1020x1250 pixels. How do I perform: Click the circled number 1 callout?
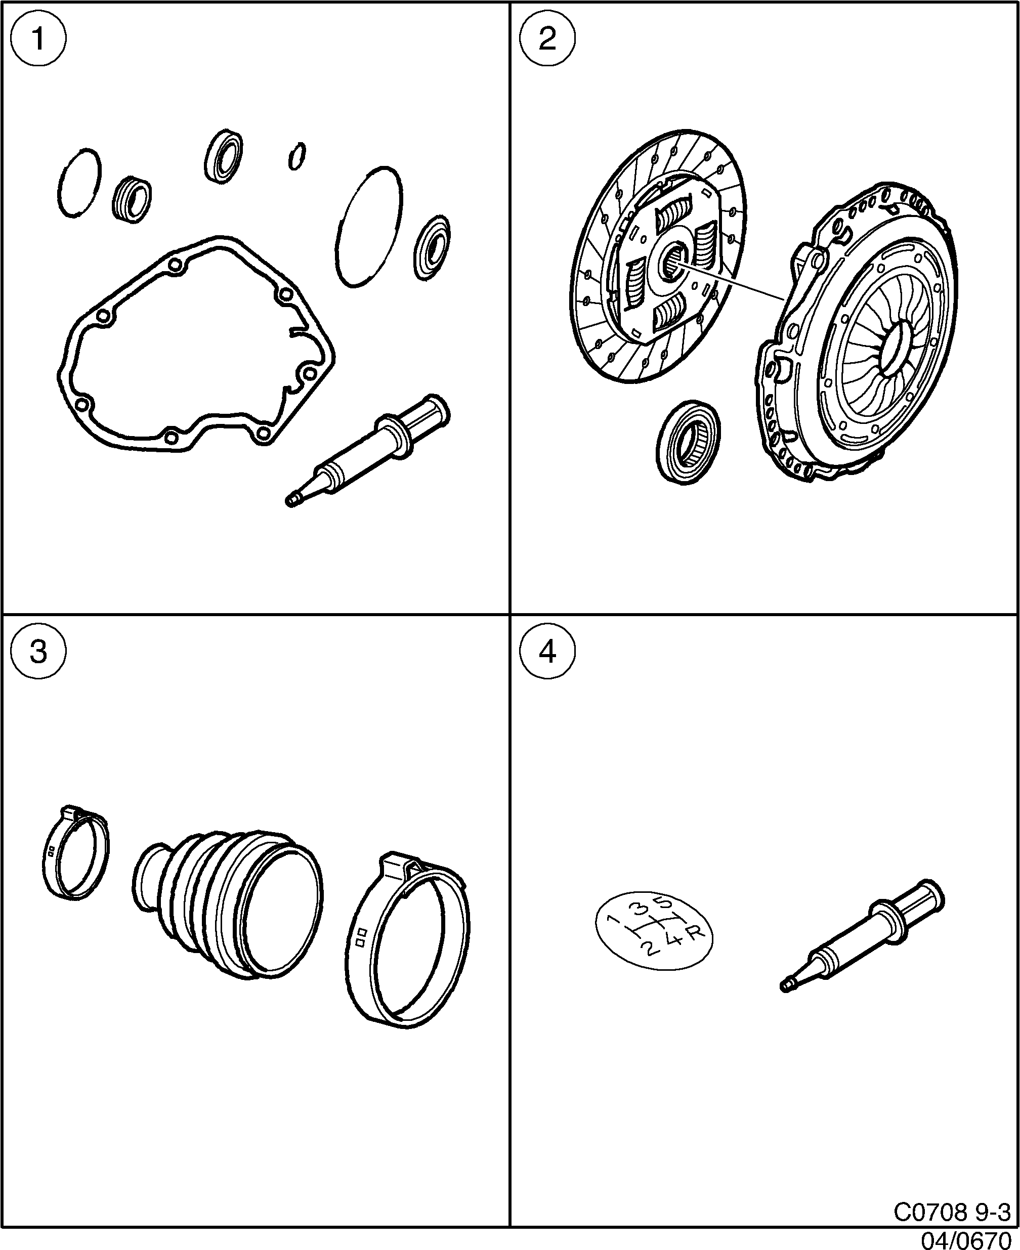(39, 39)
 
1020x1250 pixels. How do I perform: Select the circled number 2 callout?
(547, 39)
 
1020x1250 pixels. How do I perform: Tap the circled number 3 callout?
(39, 652)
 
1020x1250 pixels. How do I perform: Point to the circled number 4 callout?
(547, 652)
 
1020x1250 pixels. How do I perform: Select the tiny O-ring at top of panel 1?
(297, 156)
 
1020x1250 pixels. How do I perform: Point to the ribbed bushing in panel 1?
(132, 198)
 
